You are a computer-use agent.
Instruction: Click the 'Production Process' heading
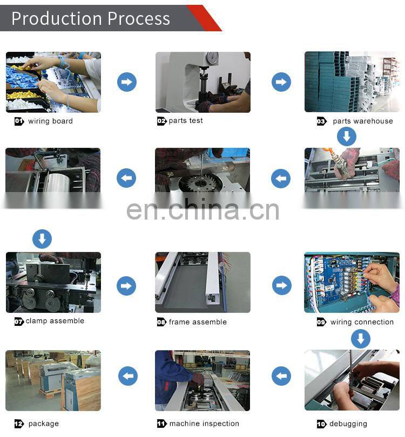[x=91, y=18]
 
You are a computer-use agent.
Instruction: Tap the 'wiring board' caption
[x=50, y=121]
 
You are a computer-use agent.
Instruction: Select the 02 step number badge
[x=161, y=121]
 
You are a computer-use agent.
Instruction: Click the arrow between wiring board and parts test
[x=127, y=82]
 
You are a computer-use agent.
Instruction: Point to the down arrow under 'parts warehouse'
[x=347, y=136]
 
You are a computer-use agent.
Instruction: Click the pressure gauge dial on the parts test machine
[x=213, y=58]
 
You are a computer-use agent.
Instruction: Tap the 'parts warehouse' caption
[x=362, y=121]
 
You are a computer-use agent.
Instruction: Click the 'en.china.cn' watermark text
[x=203, y=210]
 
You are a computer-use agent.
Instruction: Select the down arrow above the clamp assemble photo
[x=42, y=239]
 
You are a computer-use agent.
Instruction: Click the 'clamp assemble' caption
[x=55, y=321]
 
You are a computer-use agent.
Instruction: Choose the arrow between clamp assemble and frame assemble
[x=126, y=285]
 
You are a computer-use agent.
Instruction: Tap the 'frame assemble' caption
[x=198, y=322]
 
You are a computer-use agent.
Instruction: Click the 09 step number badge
[x=321, y=323]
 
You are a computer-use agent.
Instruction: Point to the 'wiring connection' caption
[x=362, y=322]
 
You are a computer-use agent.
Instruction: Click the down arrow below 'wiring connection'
[x=361, y=339]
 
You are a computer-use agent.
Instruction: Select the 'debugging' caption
[x=348, y=424]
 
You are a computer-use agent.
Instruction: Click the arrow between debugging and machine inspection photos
[x=281, y=376]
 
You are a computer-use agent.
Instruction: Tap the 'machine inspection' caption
[x=204, y=424]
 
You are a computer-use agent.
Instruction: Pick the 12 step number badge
[x=19, y=424]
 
